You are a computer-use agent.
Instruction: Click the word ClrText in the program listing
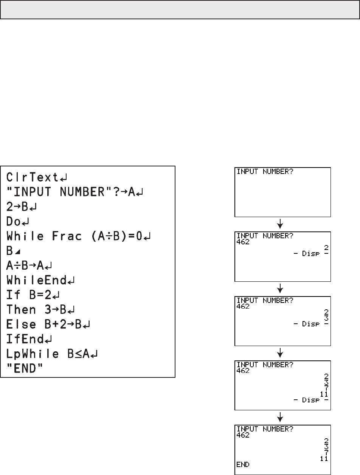point(32,177)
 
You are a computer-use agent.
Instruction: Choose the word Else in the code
point(21,325)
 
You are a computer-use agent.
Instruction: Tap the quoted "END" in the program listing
point(23,369)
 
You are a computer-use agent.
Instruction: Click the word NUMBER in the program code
point(82,192)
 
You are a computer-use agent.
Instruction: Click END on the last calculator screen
point(243,464)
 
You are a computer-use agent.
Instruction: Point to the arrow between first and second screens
point(280,225)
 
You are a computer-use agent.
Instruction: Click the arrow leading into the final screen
point(280,418)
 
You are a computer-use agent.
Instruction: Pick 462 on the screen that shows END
point(243,435)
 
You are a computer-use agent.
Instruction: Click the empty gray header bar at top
point(180,9)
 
